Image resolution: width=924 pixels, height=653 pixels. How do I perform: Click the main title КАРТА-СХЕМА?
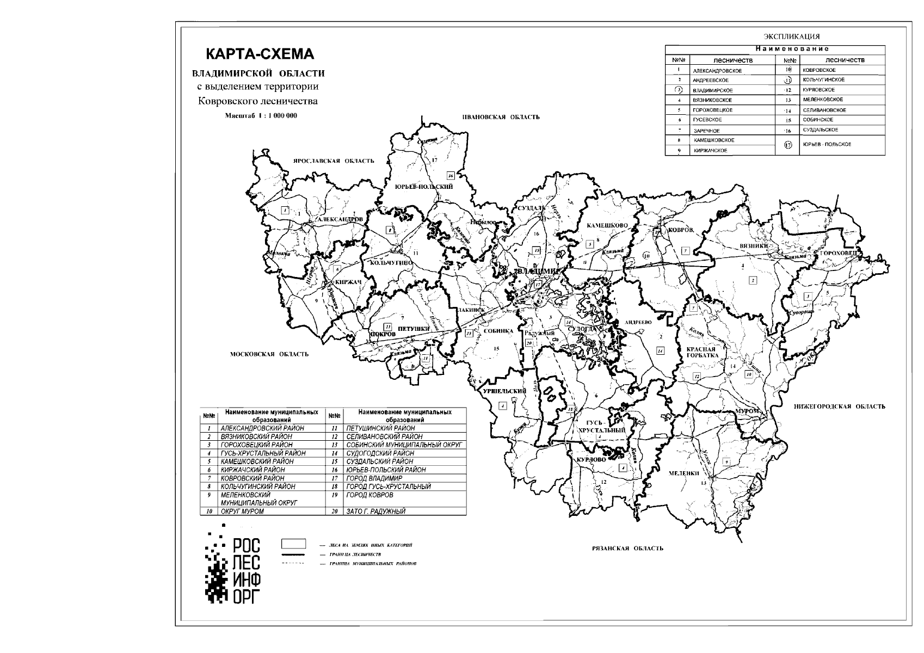point(260,54)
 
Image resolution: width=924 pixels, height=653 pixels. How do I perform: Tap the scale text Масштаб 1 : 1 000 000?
point(261,116)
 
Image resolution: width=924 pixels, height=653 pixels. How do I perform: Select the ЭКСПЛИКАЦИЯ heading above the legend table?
point(791,36)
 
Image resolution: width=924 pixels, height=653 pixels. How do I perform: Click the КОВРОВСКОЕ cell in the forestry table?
point(819,70)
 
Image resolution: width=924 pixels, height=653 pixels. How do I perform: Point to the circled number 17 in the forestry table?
point(787,145)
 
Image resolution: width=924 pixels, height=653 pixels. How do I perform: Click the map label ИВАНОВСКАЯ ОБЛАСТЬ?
point(501,117)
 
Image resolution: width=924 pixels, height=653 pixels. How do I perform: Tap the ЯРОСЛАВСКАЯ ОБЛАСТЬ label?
point(333,161)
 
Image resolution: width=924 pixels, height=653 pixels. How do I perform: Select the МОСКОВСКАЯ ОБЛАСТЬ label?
point(269,354)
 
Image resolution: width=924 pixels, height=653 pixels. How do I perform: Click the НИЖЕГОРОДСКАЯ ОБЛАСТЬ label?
point(839,406)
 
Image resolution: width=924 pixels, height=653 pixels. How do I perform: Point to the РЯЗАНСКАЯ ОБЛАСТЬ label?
point(627,548)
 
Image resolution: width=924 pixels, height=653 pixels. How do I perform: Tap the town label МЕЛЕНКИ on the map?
point(684,473)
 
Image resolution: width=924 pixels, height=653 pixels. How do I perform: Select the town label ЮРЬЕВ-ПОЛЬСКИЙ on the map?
point(424,187)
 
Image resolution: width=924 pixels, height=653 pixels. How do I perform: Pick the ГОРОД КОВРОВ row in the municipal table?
point(369,495)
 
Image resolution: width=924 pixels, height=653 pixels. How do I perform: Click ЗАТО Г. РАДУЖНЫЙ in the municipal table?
point(375,512)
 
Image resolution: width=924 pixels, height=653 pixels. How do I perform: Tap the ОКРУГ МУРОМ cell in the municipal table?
point(242,512)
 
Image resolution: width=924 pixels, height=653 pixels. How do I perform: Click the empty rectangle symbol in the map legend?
point(293,544)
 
